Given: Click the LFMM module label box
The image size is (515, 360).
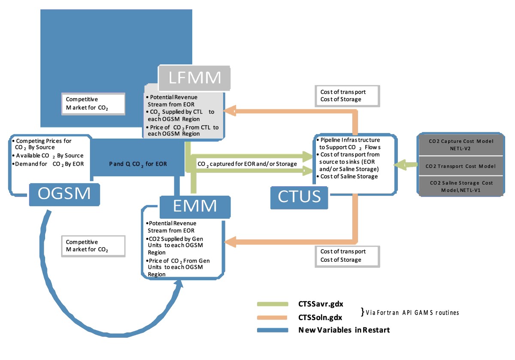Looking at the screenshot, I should point(194,78).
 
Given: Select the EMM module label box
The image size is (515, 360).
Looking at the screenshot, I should point(194,206).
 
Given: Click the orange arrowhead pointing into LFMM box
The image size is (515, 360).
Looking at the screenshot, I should point(230,111).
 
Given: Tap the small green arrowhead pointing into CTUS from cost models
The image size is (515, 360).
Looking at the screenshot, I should point(401,165).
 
